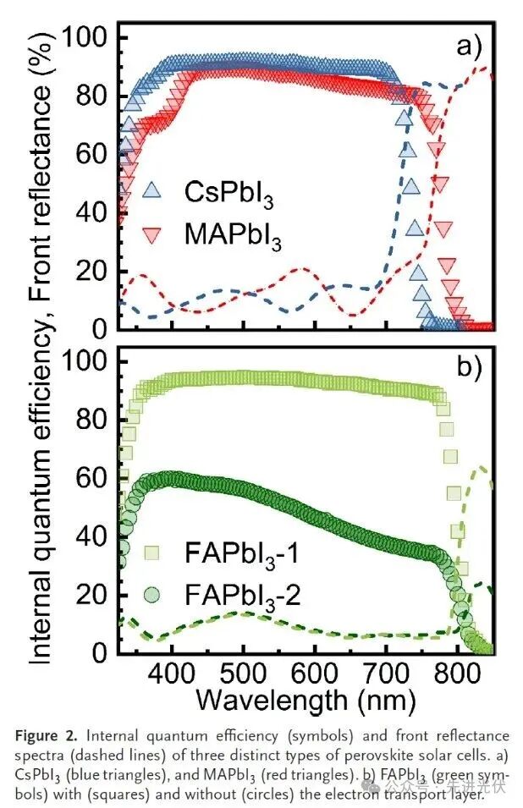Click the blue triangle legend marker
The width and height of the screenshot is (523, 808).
[x=151, y=190]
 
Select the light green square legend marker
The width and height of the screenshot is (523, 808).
[x=151, y=555]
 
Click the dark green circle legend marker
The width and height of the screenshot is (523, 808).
[x=151, y=594]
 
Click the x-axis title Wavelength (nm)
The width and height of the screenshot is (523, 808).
[x=305, y=700]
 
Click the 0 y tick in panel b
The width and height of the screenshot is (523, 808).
[x=102, y=653]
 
